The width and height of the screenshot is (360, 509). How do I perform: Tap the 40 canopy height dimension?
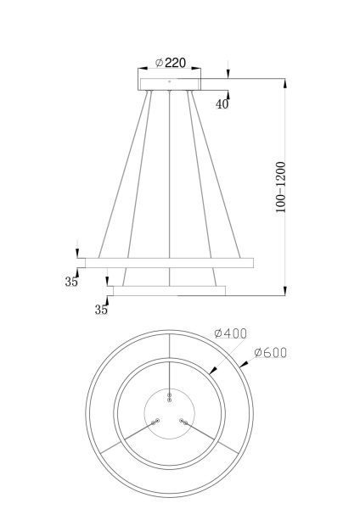[222, 103]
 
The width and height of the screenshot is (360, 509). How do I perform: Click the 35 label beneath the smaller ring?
[101, 310]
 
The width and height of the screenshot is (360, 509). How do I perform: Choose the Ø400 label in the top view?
[230, 333]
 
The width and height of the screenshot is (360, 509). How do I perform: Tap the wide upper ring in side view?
[166, 262]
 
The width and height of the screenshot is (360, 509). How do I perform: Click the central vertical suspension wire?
[171, 170]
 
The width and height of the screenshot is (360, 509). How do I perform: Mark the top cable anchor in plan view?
[171, 396]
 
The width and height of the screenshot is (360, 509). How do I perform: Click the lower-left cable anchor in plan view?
[155, 422]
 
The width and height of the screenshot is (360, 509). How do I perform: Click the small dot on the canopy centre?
[171, 81]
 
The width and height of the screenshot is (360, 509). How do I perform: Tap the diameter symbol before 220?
[160, 62]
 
